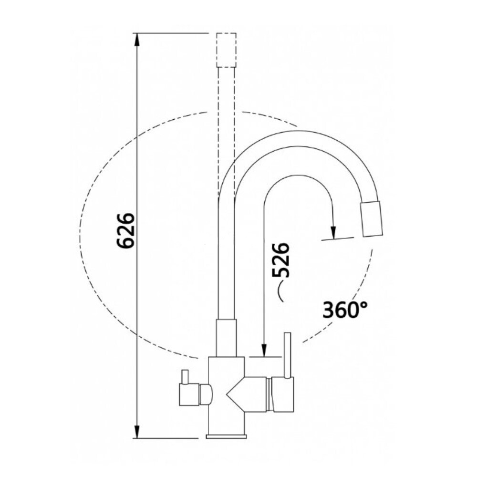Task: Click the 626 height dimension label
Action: point(126,231)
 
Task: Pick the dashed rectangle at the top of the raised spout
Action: point(227,50)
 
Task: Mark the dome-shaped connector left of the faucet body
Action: point(206,394)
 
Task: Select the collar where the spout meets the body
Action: point(226,338)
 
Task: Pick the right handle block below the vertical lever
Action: point(282,394)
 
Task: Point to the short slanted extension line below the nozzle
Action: point(338,239)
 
